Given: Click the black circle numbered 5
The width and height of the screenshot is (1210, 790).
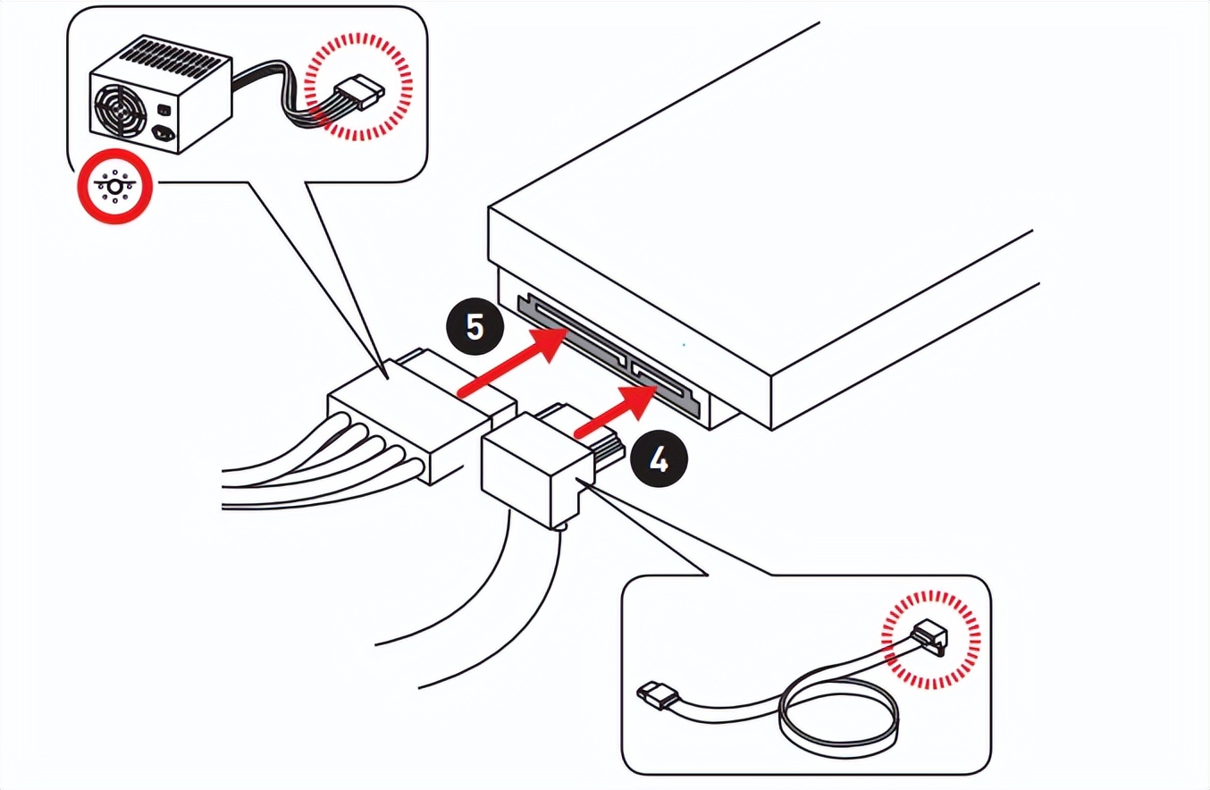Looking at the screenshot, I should (x=475, y=326).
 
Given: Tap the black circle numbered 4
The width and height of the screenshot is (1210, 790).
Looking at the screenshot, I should (x=660, y=461).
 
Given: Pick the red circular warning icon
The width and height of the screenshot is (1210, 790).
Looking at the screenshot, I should (x=113, y=187).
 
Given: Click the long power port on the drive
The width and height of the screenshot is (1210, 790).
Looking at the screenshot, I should (x=572, y=332).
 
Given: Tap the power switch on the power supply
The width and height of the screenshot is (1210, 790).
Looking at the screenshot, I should (x=164, y=110).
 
